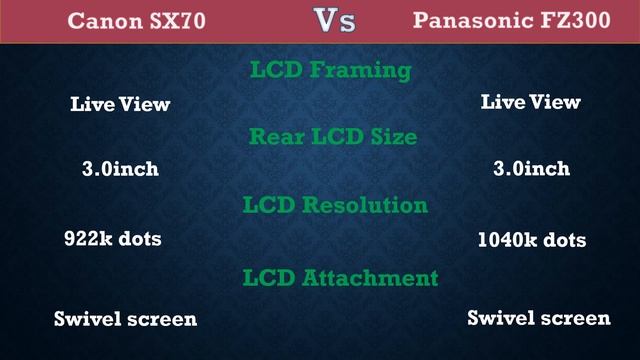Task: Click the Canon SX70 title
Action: pos(136,21)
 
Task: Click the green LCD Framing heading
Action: pos(329,71)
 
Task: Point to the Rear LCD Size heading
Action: pos(333,137)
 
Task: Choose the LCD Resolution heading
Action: pos(335,206)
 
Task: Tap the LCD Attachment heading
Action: pos(340,277)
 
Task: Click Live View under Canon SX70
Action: pos(120,104)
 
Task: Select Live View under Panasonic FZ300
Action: pos(531,102)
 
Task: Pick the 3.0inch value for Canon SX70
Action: pos(120,169)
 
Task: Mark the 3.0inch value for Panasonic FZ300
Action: pos(532,169)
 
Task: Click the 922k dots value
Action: pos(112,239)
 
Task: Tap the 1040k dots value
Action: pos(532,240)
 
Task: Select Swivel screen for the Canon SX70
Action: pos(125,319)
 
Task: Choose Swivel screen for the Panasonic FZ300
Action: pos(539,318)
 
